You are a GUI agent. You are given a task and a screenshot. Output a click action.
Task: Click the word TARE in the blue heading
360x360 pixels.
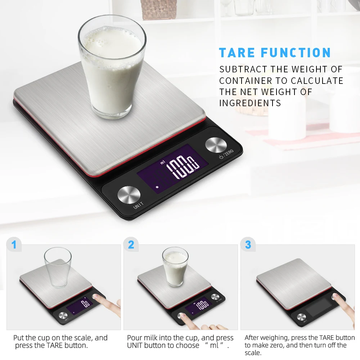237,53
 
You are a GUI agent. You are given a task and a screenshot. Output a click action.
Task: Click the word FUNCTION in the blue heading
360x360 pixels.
296,53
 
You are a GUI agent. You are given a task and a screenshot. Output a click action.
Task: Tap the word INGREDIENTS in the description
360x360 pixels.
250,103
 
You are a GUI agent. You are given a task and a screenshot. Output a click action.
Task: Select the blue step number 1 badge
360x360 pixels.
14,245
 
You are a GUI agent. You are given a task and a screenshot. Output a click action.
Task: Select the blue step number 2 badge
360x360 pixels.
131,245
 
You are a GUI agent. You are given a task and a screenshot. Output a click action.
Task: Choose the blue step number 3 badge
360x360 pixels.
248,245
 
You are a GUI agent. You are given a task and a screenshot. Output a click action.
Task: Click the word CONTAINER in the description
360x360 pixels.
251,81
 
